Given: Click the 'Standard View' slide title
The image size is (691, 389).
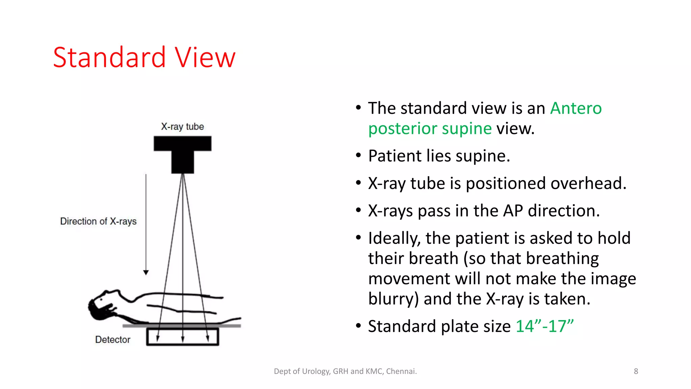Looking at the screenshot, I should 144,57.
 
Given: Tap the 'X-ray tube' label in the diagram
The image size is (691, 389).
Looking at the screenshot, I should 182,127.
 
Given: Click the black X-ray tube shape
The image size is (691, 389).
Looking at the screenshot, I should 183,152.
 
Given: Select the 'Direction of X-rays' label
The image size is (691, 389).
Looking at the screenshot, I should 98,222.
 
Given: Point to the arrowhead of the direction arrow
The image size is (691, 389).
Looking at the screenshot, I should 146,273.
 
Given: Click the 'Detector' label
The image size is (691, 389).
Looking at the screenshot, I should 113,340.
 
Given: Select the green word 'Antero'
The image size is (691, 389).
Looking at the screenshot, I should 576,108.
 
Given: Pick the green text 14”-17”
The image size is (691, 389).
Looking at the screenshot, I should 544,327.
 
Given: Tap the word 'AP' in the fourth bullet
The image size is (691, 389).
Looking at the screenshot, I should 513,211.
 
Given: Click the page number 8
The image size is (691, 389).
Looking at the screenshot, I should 636,371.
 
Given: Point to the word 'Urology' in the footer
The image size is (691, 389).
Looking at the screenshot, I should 316,371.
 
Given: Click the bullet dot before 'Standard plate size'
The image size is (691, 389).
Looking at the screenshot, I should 358,326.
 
